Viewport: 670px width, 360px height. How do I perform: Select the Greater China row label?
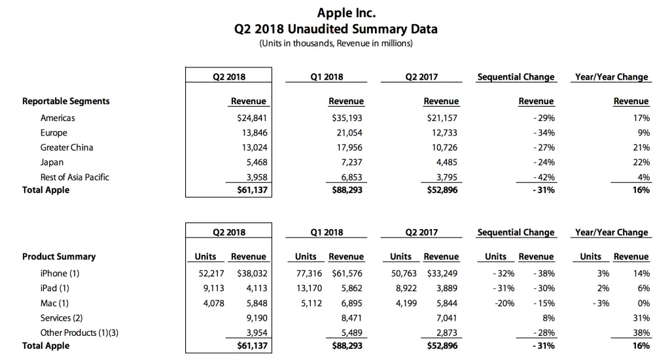[67, 147]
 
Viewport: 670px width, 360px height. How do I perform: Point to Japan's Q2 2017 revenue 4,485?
[445, 162]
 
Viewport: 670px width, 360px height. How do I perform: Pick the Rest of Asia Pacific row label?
[75, 177]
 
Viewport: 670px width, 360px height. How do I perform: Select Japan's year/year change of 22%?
[641, 162]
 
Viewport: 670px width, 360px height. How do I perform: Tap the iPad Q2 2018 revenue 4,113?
[255, 288]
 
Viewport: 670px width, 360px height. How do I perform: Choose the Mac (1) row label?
[54, 302]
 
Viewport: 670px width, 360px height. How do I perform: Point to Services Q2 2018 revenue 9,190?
[255, 317]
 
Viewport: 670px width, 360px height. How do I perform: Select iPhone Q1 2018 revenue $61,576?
[348, 274]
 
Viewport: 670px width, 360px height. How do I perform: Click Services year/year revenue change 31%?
[641, 317]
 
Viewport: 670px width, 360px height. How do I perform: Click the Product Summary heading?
[59, 257]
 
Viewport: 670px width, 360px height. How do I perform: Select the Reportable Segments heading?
[66, 101]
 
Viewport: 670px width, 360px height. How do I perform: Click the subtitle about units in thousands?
[336, 44]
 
